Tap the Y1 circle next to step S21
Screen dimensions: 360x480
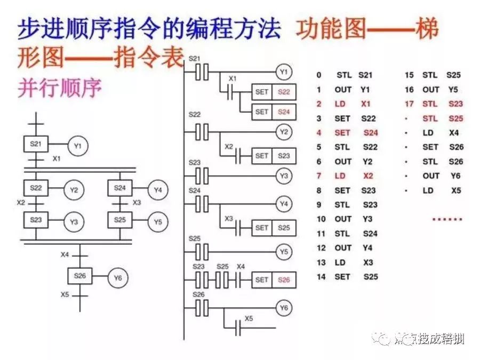pos(78,145)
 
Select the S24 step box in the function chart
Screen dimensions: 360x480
pos(119,188)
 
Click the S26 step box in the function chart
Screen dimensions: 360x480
pos(80,276)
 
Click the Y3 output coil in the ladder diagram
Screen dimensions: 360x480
pos(284,175)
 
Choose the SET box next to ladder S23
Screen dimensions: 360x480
pos(261,156)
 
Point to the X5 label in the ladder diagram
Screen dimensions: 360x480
pos(249,318)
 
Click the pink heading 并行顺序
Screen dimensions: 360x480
pos(60,88)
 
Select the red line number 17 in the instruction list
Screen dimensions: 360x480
pos(410,104)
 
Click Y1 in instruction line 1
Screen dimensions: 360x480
pos(365,90)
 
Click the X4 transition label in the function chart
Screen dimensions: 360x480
pos(65,254)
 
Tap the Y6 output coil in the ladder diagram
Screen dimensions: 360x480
pos(284,308)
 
